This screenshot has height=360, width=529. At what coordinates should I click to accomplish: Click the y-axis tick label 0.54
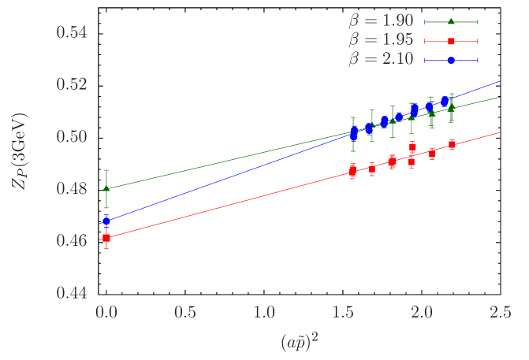click(x=72, y=33)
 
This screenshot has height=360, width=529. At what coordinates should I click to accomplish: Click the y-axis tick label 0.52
click(x=72, y=84)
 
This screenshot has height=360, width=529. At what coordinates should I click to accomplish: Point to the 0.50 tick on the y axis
click(x=72, y=136)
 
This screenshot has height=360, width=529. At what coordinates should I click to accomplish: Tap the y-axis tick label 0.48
click(x=72, y=188)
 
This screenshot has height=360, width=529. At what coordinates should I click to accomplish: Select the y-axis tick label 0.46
click(x=72, y=240)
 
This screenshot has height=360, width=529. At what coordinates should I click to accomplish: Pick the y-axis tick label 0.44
click(x=72, y=292)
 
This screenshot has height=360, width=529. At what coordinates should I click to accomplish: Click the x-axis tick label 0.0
click(x=106, y=312)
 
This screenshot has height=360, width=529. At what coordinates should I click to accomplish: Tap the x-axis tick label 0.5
click(x=184, y=312)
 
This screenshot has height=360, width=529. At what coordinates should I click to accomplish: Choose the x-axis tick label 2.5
click(x=500, y=312)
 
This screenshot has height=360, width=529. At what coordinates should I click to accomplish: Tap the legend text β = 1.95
click(x=381, y=40)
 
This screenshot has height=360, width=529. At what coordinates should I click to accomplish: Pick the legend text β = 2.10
click(x=381, y=60)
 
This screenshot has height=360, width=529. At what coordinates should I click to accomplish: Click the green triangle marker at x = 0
click(x=106, y=188)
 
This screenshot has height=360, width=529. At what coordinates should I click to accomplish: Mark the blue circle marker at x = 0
click(x=106, y=221)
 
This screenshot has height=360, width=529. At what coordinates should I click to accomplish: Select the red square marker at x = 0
click(x=106, y=237)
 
